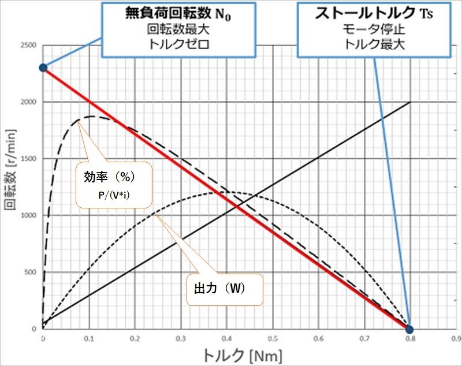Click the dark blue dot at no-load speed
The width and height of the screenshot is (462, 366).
pos(43,68)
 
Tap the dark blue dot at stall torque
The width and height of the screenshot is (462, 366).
pos(409,330)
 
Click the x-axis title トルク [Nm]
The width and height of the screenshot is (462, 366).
pos(241,353)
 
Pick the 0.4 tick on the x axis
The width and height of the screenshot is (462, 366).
pos(226,338)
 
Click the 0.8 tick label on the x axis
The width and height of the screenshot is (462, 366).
pos(409,338)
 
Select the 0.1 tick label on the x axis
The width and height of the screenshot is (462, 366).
pos(89,338)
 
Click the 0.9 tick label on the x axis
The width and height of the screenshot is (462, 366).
pos(455,338)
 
